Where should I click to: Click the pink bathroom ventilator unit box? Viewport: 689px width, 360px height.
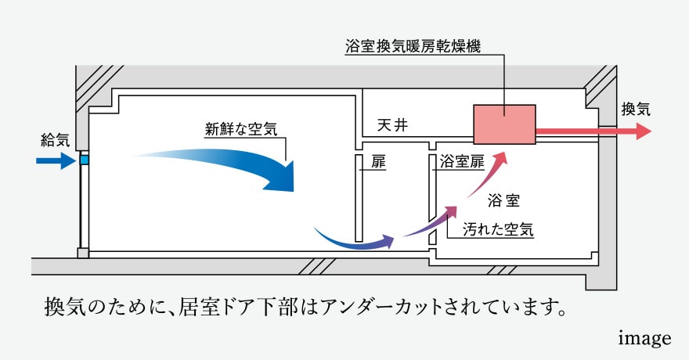[x=504, y=124]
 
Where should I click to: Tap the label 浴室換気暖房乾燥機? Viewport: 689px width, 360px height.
[x=413, y=46]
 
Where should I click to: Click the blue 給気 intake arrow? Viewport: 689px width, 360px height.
[x=56, y=160]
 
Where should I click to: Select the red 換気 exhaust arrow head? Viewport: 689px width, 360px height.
[x=644, y=131]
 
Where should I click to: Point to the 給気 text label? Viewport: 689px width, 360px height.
[x=55, y=140]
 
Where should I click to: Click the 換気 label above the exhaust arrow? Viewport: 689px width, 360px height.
[x=636, y=109]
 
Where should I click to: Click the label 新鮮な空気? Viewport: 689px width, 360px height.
[x=241, y=128]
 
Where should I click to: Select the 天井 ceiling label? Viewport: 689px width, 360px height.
[x=392, y=125]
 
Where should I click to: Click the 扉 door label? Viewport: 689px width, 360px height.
[x=378, y=162]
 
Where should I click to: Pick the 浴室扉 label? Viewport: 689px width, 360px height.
[x=462, y=161]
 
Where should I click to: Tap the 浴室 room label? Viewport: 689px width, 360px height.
[x=503, y=200]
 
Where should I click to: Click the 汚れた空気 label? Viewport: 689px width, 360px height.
[x=498, y=229]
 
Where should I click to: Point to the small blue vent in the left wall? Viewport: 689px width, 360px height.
[x=85, y=159]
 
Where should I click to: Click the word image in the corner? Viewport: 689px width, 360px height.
[x=644, y=338]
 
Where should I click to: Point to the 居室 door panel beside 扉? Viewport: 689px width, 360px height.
[x=359, y=198]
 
